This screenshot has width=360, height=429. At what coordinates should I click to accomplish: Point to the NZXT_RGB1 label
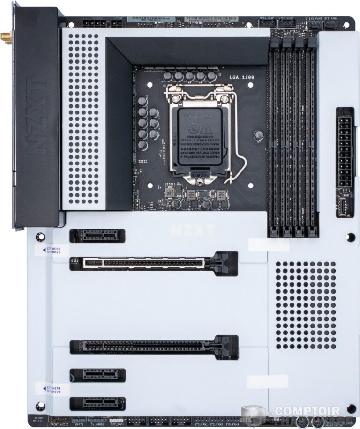click(x=268, y=18)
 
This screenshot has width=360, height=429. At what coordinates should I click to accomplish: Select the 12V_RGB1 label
click(x=117, y=424)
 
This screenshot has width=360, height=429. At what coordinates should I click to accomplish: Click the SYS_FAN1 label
click(x=201, y=424)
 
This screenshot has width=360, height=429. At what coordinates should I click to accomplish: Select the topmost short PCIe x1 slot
click(x=97, y=235)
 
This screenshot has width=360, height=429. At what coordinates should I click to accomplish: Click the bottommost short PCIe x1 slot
click(x=97, y=403)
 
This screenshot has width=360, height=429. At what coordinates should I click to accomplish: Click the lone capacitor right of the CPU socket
click(x=257, y=135)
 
